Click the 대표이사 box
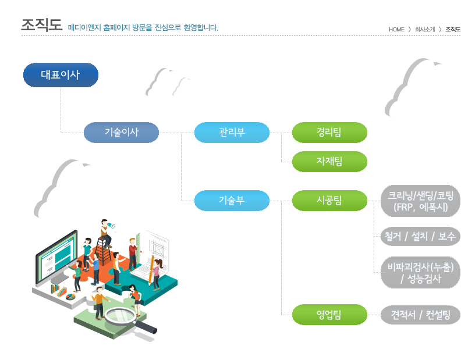point(61,75)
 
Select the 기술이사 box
point(121,133)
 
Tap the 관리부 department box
point(232,133)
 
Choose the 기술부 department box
point(232,201)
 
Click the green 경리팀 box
point(329,133)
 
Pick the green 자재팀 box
point(329,162)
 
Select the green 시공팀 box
point(329,201)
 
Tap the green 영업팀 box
point(329,315)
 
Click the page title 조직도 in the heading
point(41,25)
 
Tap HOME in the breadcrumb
point(396,29)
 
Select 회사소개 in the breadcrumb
point(425,29)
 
